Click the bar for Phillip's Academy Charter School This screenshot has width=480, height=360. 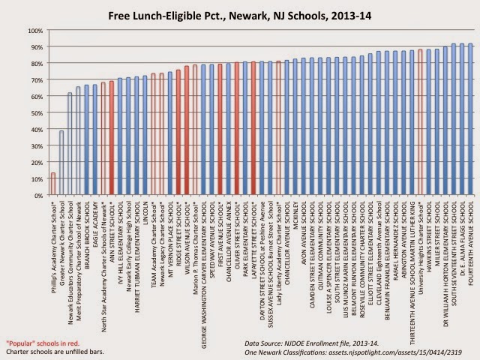(52, 184)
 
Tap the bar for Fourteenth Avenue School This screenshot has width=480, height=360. (469, 120)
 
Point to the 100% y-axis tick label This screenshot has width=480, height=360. (35, 31)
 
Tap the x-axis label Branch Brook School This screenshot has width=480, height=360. (87, 232)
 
